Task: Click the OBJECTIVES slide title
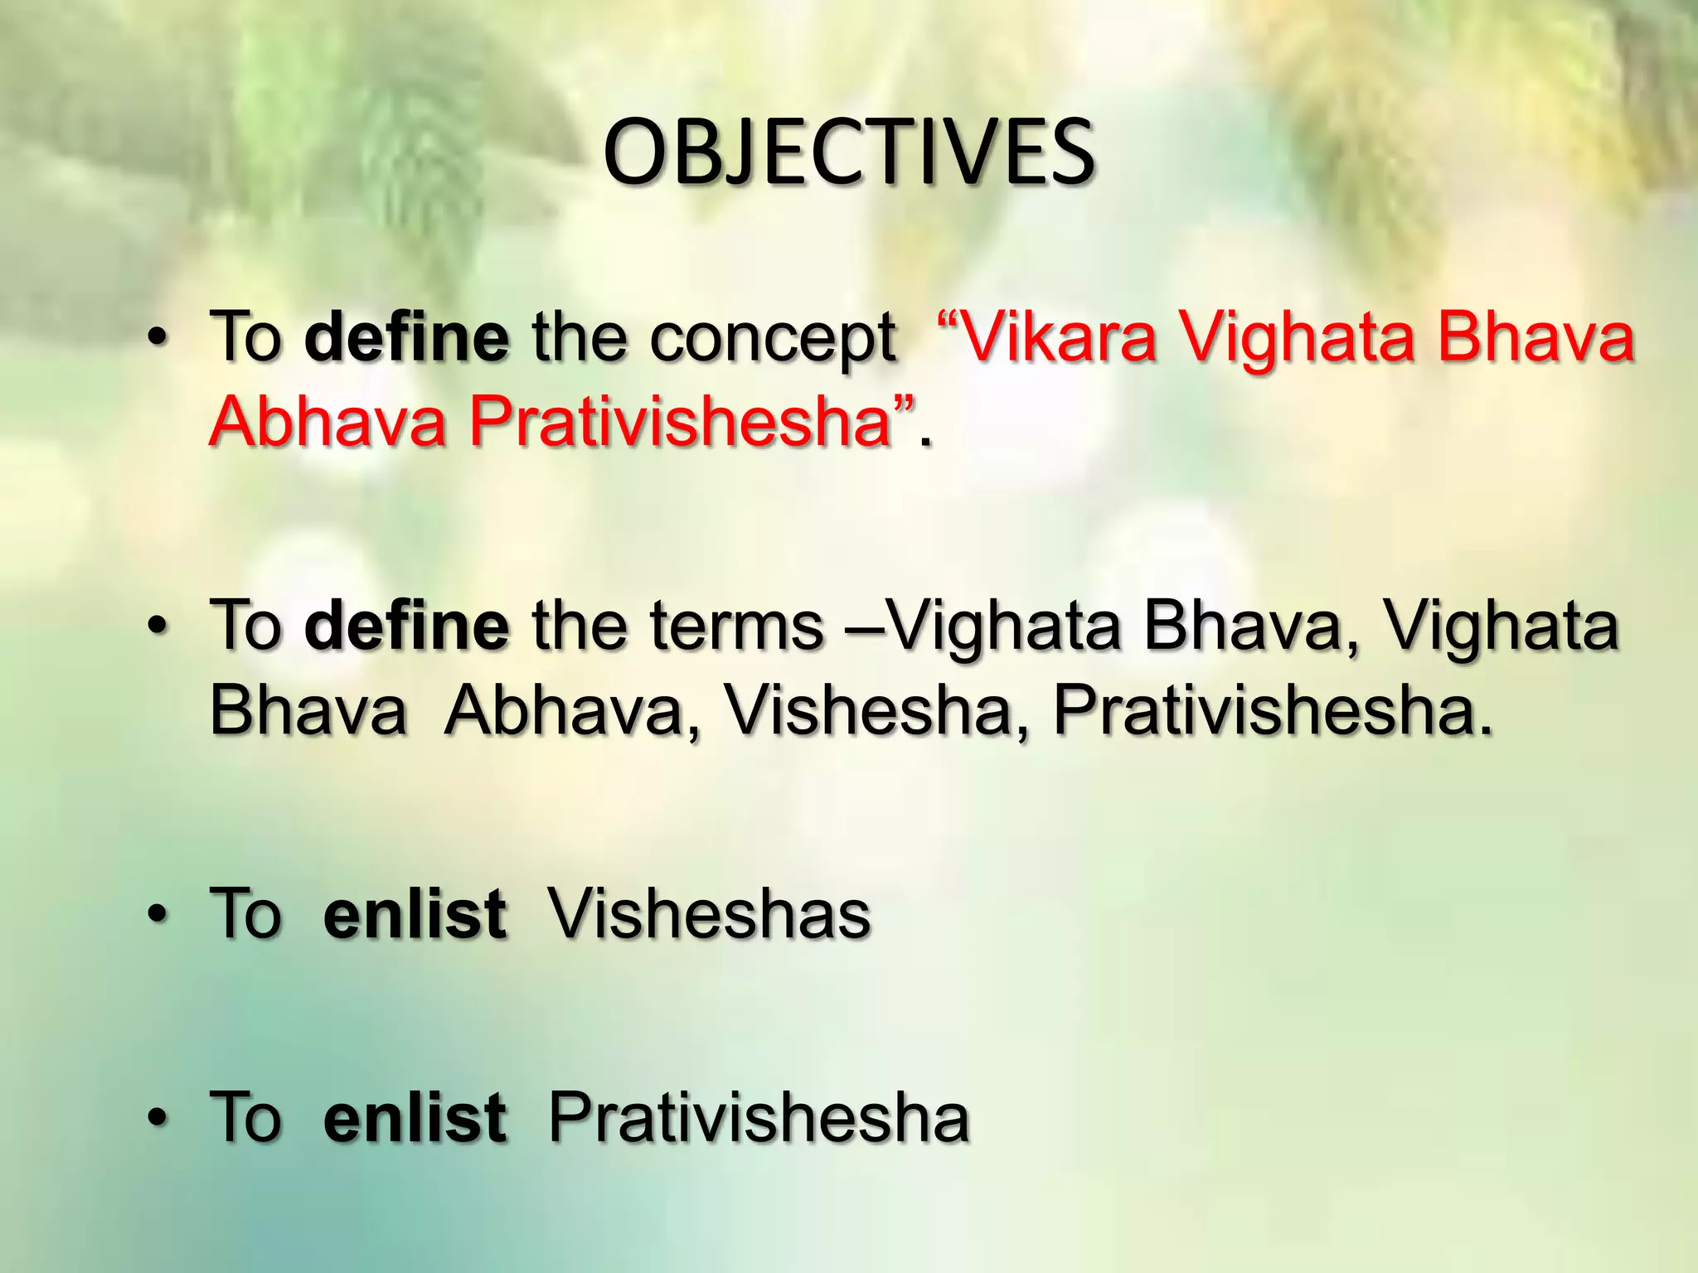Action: tap(847, 152)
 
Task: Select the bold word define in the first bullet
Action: tap(406, 338)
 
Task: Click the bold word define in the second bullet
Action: tap(406, 626)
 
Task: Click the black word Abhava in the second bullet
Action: tap(563, 710)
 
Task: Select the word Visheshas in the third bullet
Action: tap(709, 914)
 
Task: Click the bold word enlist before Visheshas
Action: tap(415, 914)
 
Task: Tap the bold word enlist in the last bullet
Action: tap(415, 1117)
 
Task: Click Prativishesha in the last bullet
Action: tap(759, 1117)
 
